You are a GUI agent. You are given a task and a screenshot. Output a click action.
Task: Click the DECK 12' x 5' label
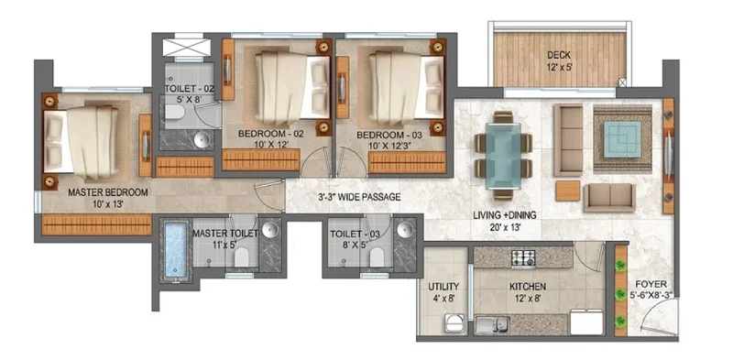click(559, 60)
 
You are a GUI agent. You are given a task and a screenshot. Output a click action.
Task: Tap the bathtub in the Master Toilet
click(176, 249)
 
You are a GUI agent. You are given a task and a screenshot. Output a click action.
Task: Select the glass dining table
click(503, 155)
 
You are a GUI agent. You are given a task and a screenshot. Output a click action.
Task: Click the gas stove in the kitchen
click(523, 257)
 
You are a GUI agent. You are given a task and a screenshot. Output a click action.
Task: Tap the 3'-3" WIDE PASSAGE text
click(358, 197)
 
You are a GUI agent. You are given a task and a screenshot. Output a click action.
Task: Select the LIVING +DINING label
click(504, 215)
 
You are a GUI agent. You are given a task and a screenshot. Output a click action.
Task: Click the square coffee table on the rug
click(622, 139)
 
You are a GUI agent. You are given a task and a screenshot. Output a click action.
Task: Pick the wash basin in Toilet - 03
click(405, 229)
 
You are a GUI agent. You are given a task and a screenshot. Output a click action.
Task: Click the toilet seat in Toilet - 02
click(175, 111)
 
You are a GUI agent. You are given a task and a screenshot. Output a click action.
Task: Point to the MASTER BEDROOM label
click(108, 192)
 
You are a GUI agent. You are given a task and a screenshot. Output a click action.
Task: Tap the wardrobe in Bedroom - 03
click(407, 162)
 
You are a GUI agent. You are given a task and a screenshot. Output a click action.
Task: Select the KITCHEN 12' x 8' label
click(528, 291)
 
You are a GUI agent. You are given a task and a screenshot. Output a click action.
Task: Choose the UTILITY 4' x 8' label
click(443, 291)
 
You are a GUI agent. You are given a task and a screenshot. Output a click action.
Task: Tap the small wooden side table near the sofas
click(567, 191)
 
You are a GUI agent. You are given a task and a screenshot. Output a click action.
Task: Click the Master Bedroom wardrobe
click(97, 224)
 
